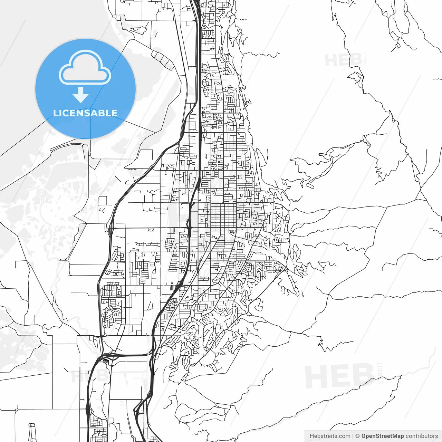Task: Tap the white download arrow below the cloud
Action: pyautogui.click(x=80, y=95)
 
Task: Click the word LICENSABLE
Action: pyautogui.click(x=85, y=113)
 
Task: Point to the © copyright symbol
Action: pyautogui.click(x=357, y=436)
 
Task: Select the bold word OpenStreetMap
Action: pyautogui.click(x=383, y=436)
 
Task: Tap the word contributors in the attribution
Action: pyautogui.click(x=422, y=436)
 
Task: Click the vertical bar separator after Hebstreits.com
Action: pyautogui.click(x=353, y=436)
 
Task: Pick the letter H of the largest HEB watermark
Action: pyautogui.click(x=316, y=376)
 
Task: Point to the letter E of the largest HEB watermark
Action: pyautogui.click(x=340, y=376)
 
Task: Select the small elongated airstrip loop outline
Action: pyautogui.click(x=32, y=432)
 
